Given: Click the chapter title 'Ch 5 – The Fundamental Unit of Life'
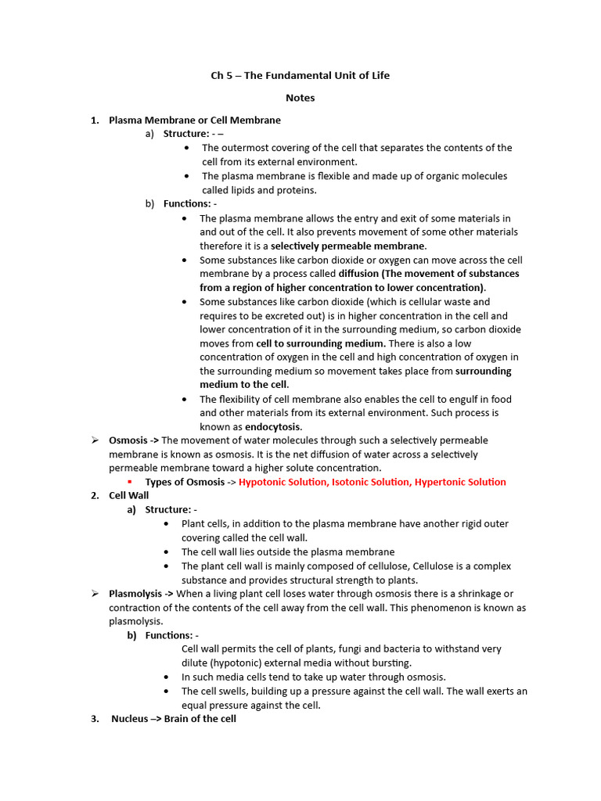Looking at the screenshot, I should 300,76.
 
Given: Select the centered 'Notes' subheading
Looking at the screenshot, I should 300,98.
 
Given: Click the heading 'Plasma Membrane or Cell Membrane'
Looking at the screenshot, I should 194,120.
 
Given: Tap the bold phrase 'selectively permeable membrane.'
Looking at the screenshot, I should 349,246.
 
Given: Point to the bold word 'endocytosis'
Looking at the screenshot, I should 272,426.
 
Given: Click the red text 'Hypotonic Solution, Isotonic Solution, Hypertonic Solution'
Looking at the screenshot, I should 372,482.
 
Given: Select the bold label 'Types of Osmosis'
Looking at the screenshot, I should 185,482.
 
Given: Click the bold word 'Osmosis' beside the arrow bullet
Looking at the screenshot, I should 128,440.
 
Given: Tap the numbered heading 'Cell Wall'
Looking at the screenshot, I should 128,495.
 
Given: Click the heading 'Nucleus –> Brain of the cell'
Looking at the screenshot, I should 173,719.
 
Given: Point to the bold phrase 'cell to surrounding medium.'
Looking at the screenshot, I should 321,343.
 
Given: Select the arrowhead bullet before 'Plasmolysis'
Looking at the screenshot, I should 94,594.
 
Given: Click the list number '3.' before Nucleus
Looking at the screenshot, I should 95,719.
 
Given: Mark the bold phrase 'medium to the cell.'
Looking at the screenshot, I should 244,384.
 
